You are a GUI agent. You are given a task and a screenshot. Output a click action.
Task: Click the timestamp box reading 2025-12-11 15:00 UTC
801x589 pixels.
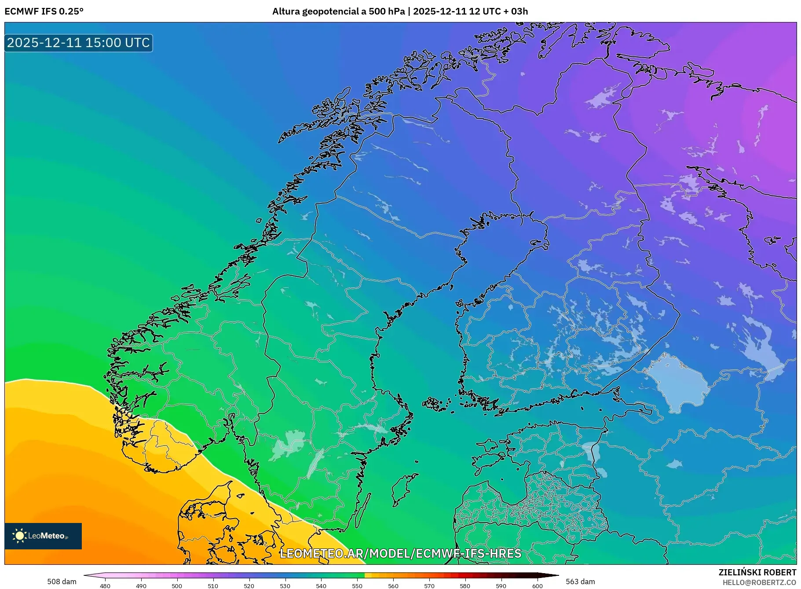point(78,43)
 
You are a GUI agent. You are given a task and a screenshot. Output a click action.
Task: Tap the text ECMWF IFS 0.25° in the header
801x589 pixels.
point(44,11)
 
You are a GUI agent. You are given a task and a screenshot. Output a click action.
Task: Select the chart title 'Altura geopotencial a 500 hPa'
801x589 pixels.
point(338,11)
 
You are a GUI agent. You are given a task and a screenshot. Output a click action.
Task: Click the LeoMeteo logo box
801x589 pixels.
point(43,536)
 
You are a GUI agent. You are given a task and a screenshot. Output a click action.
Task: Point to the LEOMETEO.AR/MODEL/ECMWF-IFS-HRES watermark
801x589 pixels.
point(400,553)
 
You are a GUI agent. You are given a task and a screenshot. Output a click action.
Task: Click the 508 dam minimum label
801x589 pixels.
point(62,582)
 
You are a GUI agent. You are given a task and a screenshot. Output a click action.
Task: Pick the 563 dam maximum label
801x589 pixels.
point(580,582)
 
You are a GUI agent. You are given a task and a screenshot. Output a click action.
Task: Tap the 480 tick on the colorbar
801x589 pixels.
point(105,585)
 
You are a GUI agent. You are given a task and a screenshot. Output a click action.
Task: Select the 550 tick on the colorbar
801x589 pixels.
point(357,585)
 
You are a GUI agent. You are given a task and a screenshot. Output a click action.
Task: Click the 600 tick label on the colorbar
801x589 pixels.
point(537,585)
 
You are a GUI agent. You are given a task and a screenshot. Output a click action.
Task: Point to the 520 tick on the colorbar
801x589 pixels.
point(249,585)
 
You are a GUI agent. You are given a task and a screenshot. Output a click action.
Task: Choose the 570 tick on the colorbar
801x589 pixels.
point(429,585)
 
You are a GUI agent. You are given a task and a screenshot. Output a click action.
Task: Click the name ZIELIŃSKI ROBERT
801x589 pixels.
point(757,572)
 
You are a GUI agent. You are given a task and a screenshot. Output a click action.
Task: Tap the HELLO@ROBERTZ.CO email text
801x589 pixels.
point(759,582)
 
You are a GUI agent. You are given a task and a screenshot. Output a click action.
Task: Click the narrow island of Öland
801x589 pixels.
point(362,511)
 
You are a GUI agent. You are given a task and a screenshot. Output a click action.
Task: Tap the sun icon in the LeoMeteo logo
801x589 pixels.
point(20,536)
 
